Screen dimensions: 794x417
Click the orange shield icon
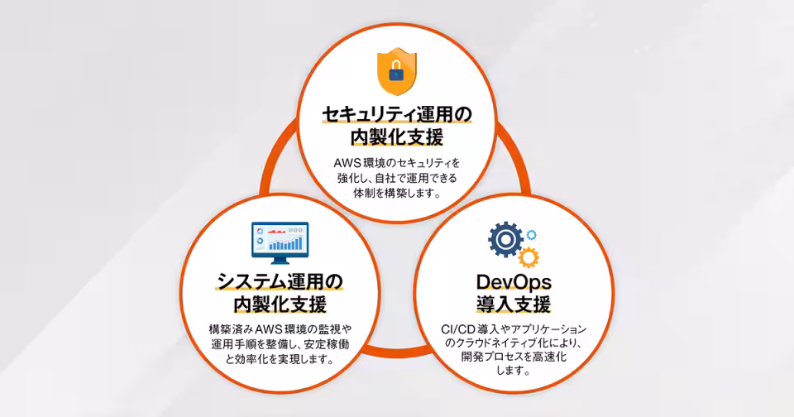click(x=397, y=71)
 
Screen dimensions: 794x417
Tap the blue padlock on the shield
click(x=396, y=72)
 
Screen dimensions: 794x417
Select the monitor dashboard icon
click(x=280, y=242)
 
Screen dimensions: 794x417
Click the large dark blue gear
click(x=505, y=239)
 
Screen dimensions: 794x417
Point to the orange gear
click(x=529, y=256)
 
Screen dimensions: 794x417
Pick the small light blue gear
click(x=531, y=235)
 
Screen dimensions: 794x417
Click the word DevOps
click(x=514, y=281)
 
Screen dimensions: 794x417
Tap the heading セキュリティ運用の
click(x=397, y=114)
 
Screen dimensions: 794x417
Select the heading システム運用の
click(x=280, y=281)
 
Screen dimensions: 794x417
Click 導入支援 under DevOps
click(x=514, y=304)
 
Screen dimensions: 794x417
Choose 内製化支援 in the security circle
click(x=397, y=137)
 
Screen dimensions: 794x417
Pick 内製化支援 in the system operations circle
click(x=280, y=304)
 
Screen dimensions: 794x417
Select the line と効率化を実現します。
click(x=280, y=360)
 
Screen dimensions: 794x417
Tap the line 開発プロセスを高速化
click(x=514, y=357)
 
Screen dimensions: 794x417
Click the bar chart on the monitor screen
click(x=286, y=244)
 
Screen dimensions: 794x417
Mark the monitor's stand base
click(x=280, y=262)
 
